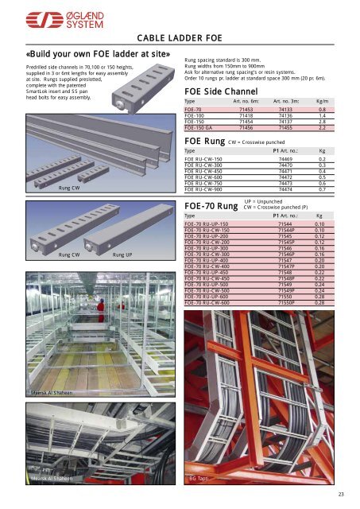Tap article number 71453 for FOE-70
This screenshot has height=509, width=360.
pos(246,110)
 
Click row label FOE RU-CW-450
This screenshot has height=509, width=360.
pos(207,170)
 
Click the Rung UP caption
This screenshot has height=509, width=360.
pos(122,255)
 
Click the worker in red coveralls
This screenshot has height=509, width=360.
pos(101,305)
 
